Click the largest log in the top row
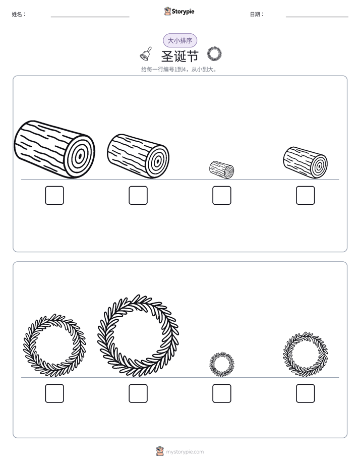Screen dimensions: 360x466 pyautogui.click(x=54, y=149)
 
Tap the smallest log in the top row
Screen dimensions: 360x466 pyautogui.click(x=221, y=169)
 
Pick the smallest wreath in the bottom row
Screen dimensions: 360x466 pyautogui.click(x=221, y=364)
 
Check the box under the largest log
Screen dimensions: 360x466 pyautogui.click(x=54, y=196)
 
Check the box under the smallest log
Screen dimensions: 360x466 pyautogui.click(x=221, y=196)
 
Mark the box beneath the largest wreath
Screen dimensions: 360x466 pyautogui.click(x=138, y=393)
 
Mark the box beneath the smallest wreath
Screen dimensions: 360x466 pyautogui.click(x=221, y=393)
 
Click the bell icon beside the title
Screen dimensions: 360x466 pyautogui.click(x=146, y=54)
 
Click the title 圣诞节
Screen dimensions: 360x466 pyautogui.click(x=179, y=56)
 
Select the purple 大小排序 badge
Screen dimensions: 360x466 pyautogui.click(x=180, y=40)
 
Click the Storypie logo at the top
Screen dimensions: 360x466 pyautogui.click(x=179, y=11)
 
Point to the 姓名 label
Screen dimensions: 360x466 pyautogui.click(x=19, y=14)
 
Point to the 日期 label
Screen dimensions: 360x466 pyautogui.click(x=257, y=14)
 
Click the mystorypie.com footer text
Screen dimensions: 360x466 pyautogui.click(x=185, y=452)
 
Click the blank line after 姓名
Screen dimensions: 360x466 pyautogui.click(x=90, y=17)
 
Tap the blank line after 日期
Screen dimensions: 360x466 pyautogui.click(x=317, y=17)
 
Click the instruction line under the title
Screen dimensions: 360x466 pyautogui.click(x=179, y=70)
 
